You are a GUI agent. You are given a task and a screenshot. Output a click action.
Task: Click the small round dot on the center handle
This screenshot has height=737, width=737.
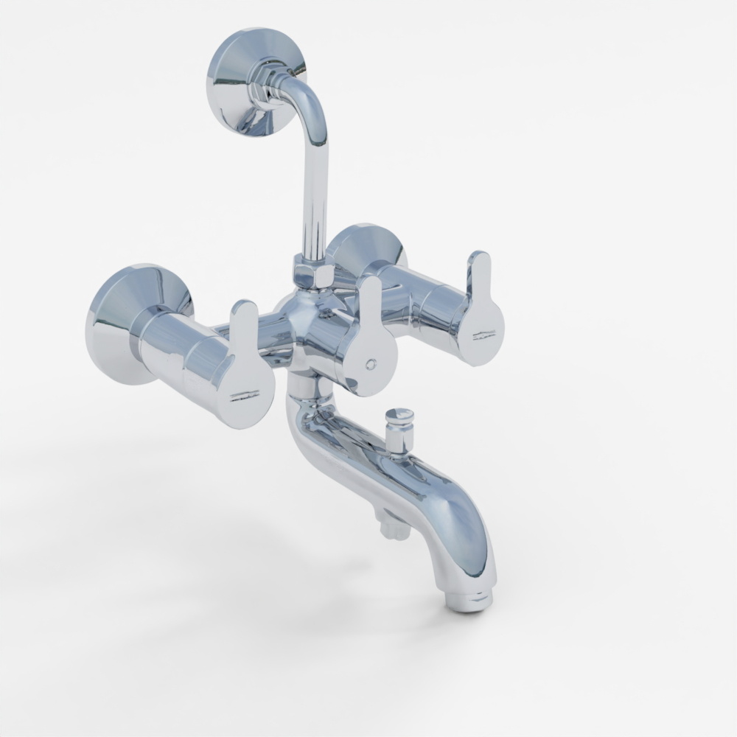click(371, 364)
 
